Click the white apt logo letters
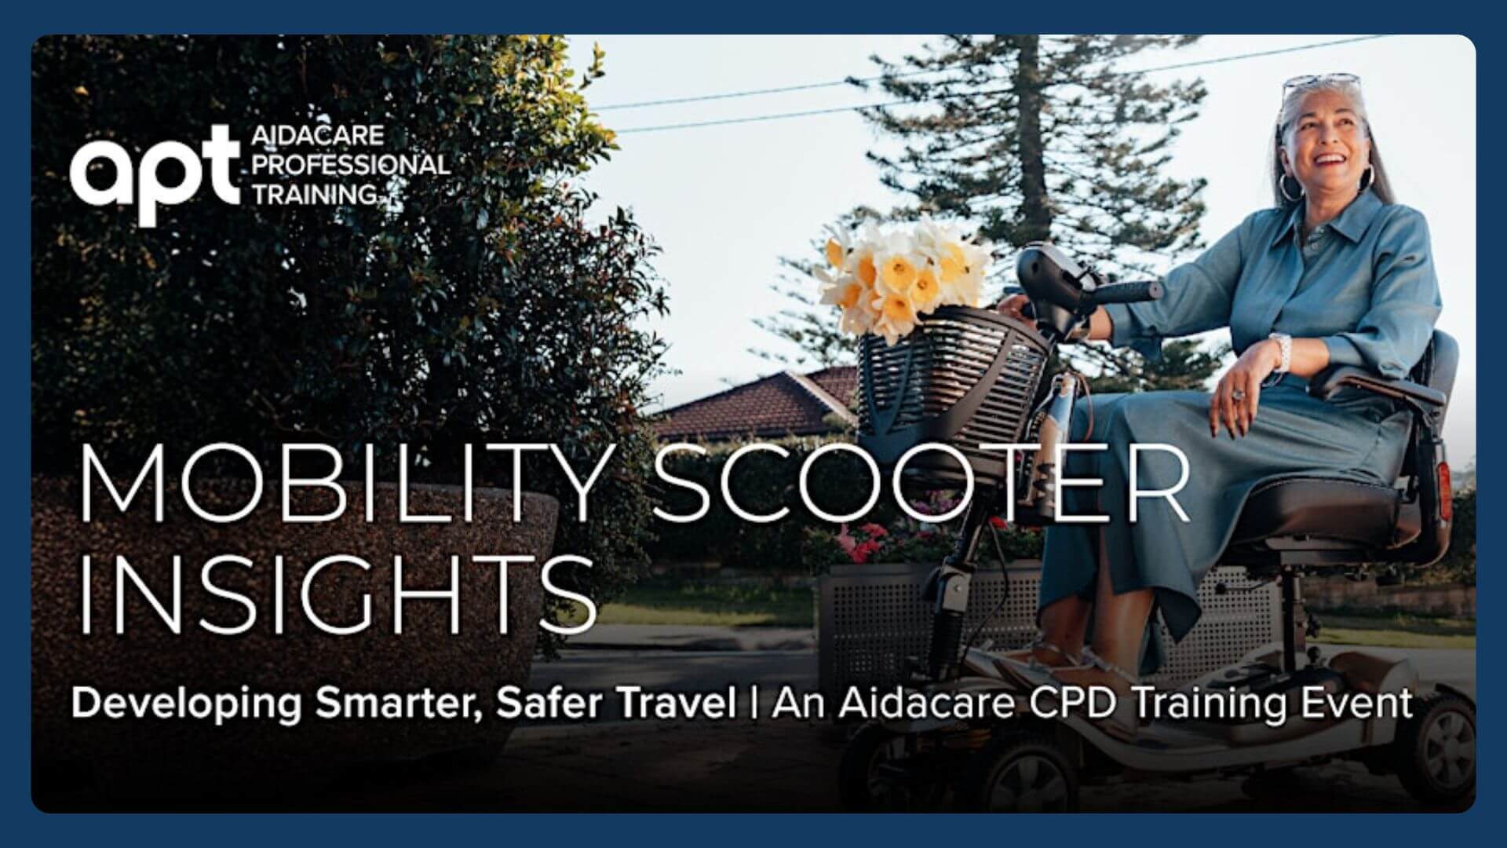pyautogui.click(x=153, y=175)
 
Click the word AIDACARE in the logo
pyautogui.click(x=317, y=136)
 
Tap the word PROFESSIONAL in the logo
pyautogui.click(x=349, y=165)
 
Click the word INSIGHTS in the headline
pyautogui.click(x=338, y=594)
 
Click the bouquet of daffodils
pyautogui.click(x=903, y=275)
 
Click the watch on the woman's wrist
pyautogui.click(x=1281, y=352)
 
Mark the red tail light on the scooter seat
pyautogui.click(x=1442, y=487)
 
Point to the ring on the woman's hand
pyautogui.click(x=1238, y=394)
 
